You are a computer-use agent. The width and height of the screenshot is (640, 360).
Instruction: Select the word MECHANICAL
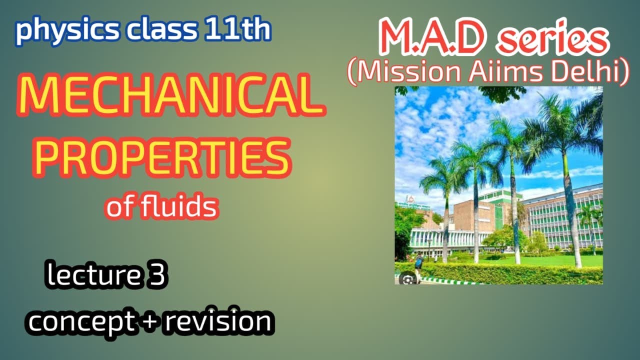(x=171, y=95)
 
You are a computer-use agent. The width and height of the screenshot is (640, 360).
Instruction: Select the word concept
(x=81, y=322)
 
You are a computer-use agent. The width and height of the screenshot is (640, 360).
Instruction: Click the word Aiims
(x=505, y=71)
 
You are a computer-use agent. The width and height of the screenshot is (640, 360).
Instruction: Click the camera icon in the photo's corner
(x=407, y=279)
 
